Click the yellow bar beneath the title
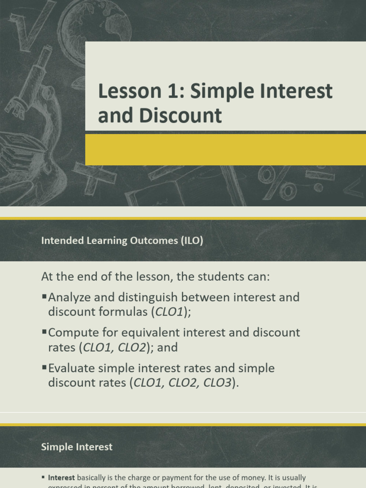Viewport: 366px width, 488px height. pyautogui.click(x=225, y=150)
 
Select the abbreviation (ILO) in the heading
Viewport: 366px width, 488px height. pyautogui.click(x=192, y=241)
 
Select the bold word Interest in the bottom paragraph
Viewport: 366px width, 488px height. pyautogui.click(x=61, y=477)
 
